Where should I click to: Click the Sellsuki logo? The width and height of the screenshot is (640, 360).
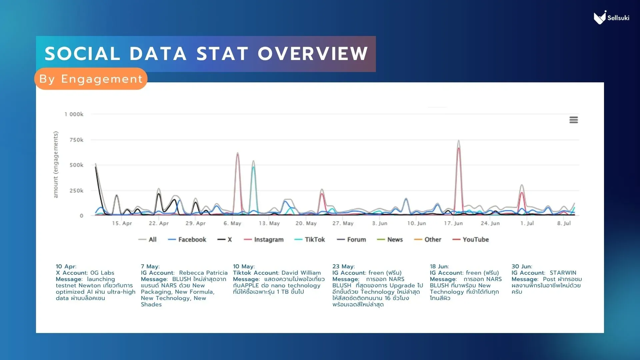pyautogui.click(x=611, y=18)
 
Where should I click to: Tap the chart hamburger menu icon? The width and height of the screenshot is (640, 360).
pyautogui.click(x=573, y=120)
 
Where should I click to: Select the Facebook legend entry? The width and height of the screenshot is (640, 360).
pyautogui.click(x=187, y=240)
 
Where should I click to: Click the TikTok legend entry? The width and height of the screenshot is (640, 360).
pyautogui.click(x=310, y=240)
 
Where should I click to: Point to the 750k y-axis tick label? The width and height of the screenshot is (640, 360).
pyautogui.click(x=76, y=140)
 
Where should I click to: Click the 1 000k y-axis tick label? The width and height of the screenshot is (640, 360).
pyautogui.click(x=74, y=114)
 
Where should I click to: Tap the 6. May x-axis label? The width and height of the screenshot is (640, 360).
pyautogui.click(x=232, y=223)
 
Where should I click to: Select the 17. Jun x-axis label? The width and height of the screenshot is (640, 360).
pyautogui.click(x=453, y=223)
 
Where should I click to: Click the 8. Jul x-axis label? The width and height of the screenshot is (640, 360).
pyautogui.click(x=564, y=223)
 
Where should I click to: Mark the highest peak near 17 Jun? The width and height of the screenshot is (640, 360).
pyautogui.click(x=459, y=141)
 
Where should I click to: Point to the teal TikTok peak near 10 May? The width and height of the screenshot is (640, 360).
pyautogui.click(x=253, y=167)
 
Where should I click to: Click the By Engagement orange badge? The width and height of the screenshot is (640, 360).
pyautogui.click(x=91, y=79)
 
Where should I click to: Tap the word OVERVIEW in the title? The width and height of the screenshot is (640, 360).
pyautogui.click(x=313, y=54)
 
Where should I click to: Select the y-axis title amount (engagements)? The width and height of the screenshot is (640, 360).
pyautogui.click(x=56, y=165)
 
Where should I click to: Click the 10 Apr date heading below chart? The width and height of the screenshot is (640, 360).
pyautogui.click(x=66, y=266)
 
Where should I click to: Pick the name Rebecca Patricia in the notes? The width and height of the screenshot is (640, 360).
pyautogui.click(x=203, y=273)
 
